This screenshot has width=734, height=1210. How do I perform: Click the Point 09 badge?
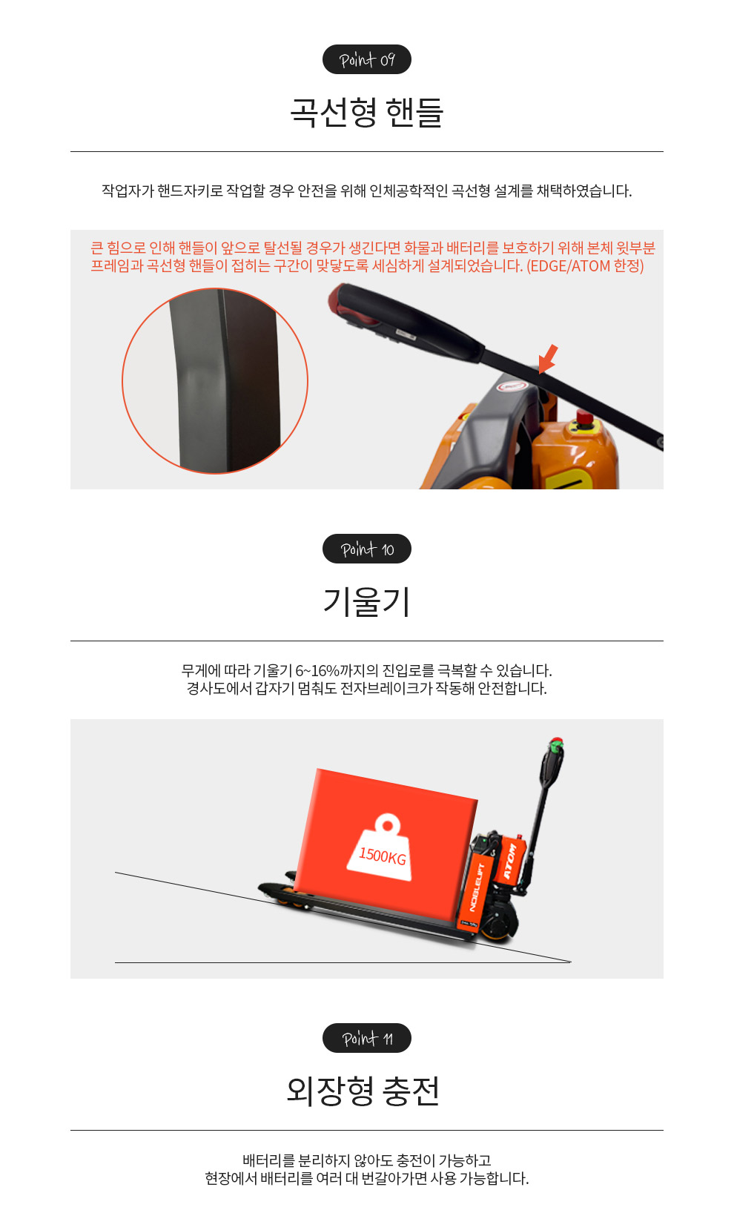point(367,59)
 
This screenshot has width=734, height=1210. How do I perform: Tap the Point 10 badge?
point(367,549)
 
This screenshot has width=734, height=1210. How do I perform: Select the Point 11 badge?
point(367,1038)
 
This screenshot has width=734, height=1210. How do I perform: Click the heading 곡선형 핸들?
point(367,113)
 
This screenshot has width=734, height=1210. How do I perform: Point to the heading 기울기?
point(367,602)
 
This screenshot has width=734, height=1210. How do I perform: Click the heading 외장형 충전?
point(363,1091)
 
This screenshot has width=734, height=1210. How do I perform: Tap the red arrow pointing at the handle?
point(548,358)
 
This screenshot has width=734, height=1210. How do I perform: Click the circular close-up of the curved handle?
point(215,381)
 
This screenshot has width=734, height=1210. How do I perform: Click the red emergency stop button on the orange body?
point(583,417)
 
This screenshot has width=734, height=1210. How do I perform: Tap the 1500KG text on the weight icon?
point(383,856)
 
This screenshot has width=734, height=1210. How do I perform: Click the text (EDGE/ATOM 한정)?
point(585,265)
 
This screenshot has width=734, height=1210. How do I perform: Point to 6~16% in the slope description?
point(325,671)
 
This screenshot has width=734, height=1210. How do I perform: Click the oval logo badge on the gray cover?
point(512,386)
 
